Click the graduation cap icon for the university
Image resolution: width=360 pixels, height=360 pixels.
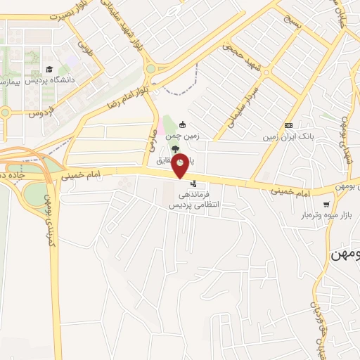click(x=49, y=70)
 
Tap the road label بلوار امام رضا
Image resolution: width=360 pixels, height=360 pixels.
click(x=129, y=92)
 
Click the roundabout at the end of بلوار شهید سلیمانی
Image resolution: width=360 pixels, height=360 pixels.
click(x=150, y=69)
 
